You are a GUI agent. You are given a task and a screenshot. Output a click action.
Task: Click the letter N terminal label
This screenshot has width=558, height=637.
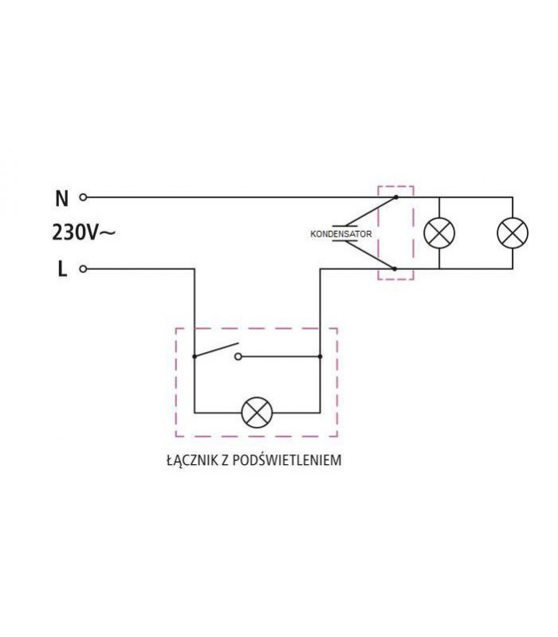coord(62,197)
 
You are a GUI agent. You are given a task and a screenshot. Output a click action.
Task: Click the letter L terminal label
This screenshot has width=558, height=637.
coord(62,269)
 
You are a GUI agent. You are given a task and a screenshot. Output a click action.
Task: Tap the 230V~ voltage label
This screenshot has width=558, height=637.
coord(83,233)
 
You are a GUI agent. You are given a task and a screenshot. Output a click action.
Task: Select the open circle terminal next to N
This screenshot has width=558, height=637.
coord(83,197)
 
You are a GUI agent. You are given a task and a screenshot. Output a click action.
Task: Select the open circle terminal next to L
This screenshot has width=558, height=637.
coord(83,269)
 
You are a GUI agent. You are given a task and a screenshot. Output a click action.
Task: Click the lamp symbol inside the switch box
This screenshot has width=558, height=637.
coord(257,413)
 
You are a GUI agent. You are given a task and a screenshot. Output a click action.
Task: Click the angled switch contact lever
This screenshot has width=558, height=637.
coord(216,350)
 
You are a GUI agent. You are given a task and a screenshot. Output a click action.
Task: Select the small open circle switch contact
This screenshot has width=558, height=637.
coord(238,357)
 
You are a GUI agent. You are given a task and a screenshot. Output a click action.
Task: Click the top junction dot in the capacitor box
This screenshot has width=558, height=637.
coord(395,197)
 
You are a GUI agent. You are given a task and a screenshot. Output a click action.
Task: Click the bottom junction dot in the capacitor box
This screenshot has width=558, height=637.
coord(395,269)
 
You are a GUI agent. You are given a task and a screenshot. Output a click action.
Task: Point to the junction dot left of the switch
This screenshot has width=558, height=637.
coord(195,357)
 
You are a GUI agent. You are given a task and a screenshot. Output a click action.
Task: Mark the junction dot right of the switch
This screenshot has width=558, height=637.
coord(320,357)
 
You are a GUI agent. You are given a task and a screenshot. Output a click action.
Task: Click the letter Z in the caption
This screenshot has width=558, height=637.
coord(228,460)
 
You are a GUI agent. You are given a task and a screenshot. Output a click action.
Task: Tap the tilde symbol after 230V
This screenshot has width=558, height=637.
coord(108,233)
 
